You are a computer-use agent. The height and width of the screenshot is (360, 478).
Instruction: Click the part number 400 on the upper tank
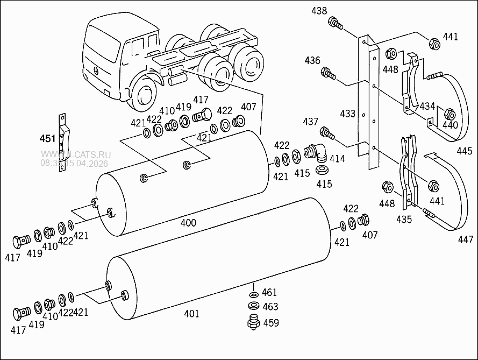[x=188, y=222]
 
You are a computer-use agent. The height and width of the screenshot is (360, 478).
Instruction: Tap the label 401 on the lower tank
[x=191, y=313]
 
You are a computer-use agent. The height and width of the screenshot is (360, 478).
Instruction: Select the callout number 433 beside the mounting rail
[x=348, y=114]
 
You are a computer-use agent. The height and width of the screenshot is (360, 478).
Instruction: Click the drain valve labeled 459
[x=252, y=323]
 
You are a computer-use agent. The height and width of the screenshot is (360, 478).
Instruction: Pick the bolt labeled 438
[x=336, y=24]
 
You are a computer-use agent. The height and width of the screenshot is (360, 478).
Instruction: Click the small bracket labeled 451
[x=63, y=142]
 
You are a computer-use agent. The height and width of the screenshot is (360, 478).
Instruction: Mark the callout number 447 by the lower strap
[x=465, y=239]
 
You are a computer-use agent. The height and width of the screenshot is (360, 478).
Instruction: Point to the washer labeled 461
[x=253, y=295]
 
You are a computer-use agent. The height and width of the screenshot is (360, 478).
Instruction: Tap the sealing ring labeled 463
[x=253, y=306]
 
